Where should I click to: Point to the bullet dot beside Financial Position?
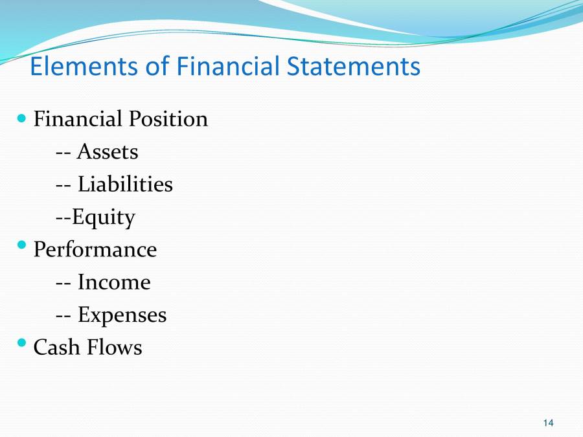[x=22, y=118]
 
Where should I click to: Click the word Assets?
[x=108, y=152]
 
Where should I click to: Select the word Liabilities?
[x=125, y=185]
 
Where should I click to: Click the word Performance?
[x=95, y=250]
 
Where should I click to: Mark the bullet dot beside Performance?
[x=22, y=245]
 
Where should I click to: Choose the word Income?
[x=114, y=282]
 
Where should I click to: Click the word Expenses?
[x=122, y=315]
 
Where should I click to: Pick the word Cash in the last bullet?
[x=56, y=348]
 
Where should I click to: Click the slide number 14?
[x=549, y=423]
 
